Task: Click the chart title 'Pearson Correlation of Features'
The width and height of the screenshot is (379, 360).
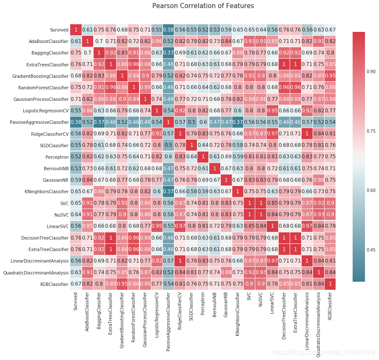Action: click(x=203, y=6)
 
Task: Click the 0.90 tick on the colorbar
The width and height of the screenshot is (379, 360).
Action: click(x=371, y=72)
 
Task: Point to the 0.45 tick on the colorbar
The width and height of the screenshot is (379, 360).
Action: click(x=371, y=250)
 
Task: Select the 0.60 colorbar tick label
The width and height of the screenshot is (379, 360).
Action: click(x=371, y=190)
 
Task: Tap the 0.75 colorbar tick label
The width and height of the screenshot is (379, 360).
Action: click(x=371, y=131)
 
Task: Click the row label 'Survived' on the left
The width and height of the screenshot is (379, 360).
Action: click(x=59, y=30)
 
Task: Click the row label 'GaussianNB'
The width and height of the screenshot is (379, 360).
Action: click(x=56, y=180)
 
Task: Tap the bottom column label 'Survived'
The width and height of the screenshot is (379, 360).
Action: click(x=76, y=301)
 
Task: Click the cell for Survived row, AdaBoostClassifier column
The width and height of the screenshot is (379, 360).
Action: click(x=87, y=30)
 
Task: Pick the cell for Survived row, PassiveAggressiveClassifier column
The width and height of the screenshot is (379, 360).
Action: click(x=168, y=30)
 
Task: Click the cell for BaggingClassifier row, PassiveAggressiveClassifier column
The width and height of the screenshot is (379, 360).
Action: click(x=168, y=53)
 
